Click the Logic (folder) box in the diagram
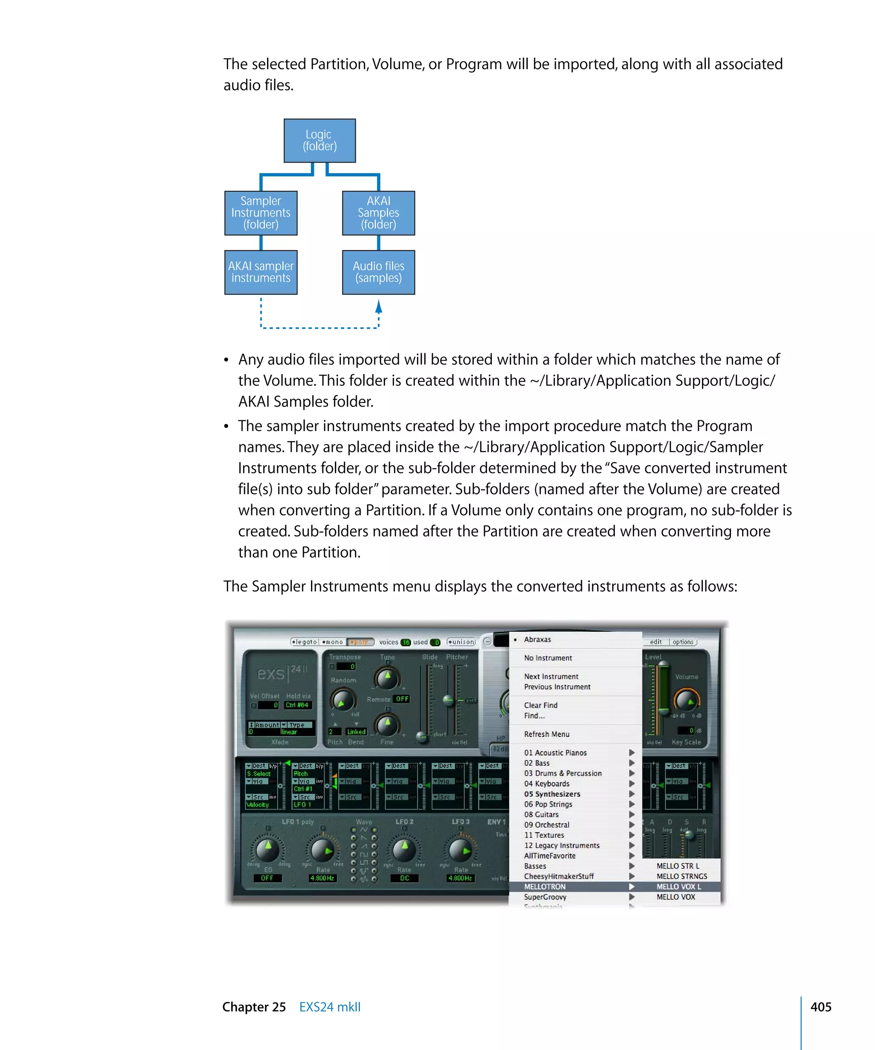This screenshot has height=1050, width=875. click(320, 141)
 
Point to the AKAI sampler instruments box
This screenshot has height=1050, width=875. click(261, 272)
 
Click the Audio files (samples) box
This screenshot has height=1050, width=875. click(378, 272)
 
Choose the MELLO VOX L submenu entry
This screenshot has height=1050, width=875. click(678, 886)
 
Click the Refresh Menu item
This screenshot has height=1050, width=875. click(546, 734)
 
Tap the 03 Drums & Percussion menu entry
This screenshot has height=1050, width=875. click(563, 773)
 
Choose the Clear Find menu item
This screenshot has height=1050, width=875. click(540, 705)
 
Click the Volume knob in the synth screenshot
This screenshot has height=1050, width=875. click(687, 700)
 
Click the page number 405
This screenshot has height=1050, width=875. click(820, 1006)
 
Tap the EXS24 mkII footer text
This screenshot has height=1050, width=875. click(329, 1006)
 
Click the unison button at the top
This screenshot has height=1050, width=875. click(461, 642)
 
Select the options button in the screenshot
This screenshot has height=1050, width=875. click(682, 642)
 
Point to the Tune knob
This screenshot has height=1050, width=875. click(387, 678)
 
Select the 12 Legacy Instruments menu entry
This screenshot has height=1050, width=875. click(561, 845)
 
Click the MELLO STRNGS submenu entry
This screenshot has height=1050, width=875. click(681, 876)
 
